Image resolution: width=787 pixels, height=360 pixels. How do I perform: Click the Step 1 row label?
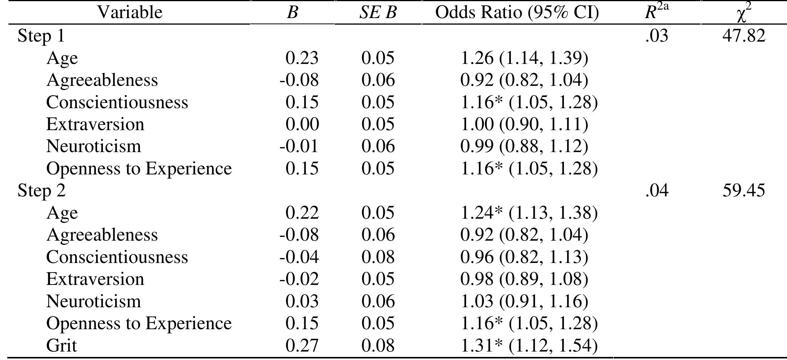tap(41, 36)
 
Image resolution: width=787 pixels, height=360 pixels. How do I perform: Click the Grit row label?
tap(62, 345)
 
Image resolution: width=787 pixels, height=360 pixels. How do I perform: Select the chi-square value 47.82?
tap(743, 36)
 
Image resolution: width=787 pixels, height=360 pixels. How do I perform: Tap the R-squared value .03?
tap(656, 36)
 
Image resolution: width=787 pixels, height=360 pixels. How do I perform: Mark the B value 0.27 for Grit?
tap(302, 345)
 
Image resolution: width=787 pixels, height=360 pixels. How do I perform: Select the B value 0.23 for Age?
tap(302, 58)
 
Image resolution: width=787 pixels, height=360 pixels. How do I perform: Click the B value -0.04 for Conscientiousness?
tap(299, 257)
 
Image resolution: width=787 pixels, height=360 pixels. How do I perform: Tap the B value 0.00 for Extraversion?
tap(302, 124)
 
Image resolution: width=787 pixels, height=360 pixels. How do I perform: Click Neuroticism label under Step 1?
tap(94, 146)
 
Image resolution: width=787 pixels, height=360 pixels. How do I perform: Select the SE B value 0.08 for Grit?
tap(378, 345)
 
